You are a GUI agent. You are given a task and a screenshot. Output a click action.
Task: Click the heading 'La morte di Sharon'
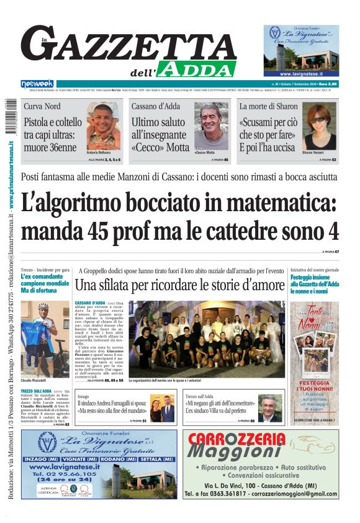(269, 106)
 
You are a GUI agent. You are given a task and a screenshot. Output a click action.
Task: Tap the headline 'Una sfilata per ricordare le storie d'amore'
(179, 285)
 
